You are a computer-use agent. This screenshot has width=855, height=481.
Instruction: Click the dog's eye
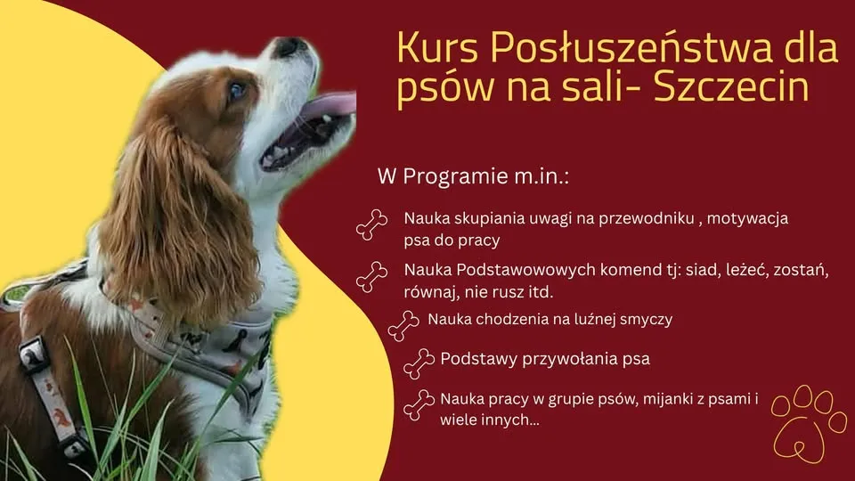pos(237,91)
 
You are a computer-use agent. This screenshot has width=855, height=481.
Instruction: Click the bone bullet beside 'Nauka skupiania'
pos(372,224)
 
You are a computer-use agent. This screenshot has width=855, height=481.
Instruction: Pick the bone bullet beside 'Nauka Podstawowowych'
pos(372,276)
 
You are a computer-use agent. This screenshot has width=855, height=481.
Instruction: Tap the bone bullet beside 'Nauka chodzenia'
pos(403,326)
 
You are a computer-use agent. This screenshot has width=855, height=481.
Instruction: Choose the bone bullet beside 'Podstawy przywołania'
pos(419,363)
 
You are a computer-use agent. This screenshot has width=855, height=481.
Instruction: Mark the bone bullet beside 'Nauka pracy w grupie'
pos(419,405)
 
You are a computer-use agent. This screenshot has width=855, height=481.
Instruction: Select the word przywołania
pos(570,360)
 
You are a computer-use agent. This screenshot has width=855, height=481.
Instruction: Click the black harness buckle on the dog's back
pos(34,355)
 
